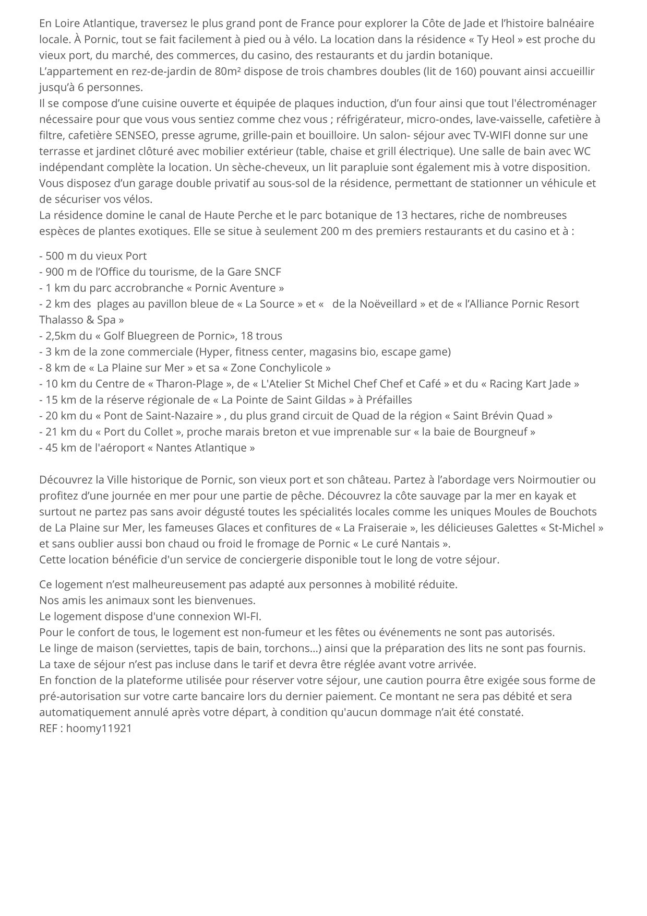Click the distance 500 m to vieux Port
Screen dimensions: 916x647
tap(61, 256)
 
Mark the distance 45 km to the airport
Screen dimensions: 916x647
tap(60, 448)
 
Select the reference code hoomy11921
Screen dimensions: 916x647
tap(99, 728)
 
